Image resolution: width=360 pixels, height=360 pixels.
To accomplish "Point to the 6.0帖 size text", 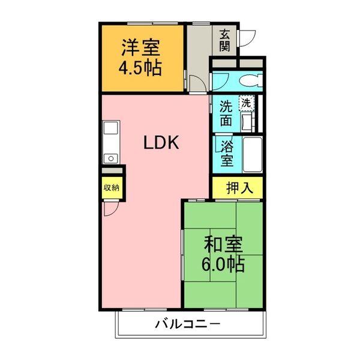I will [x=224, y=263].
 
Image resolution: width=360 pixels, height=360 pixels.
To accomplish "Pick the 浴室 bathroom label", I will [x=226, y=154].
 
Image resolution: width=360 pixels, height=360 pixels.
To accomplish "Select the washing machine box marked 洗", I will [x=247, y=103].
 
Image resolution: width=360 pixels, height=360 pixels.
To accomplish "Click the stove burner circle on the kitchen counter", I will [x=110, y=158].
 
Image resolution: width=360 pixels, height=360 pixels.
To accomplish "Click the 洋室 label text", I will [x=140, y=46].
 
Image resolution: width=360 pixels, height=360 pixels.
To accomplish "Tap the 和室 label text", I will [x=223, y=244].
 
